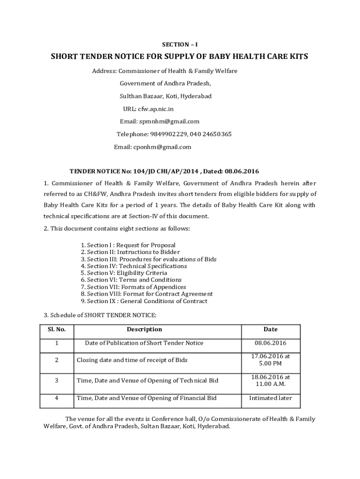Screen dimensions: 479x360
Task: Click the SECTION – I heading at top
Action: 180,44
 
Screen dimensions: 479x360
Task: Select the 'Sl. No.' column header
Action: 57,330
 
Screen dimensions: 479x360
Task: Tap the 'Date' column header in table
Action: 270,330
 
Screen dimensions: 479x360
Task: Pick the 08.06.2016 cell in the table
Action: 270,343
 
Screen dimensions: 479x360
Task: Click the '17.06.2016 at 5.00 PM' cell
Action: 270,360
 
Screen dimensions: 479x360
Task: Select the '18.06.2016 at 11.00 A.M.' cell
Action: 270,380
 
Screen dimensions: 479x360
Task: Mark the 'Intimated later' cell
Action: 270,399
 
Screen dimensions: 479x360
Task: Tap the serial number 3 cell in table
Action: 57,381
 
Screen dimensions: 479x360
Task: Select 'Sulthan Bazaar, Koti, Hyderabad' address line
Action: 166,96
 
